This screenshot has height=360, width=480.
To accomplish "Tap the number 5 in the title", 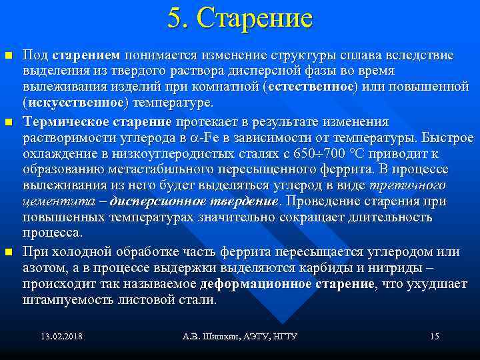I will pos(175,19).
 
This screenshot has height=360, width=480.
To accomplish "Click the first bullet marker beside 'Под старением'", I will pos(8,54).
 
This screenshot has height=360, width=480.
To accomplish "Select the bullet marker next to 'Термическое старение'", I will pos(8,123).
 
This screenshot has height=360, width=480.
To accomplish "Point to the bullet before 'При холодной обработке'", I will pos(8,253).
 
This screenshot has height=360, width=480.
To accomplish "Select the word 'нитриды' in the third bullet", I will pos(395,268).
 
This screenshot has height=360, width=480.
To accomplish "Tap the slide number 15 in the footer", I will pos(434,337).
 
